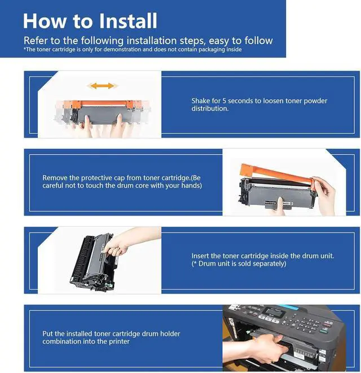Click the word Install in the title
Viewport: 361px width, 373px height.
[128, 21]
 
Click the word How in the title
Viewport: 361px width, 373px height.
[45, 21]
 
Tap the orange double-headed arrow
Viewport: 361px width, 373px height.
[102, 86]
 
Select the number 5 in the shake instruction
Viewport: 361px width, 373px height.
[224, 101]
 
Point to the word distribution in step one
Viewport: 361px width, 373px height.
[210, 109]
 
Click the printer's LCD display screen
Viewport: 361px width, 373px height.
[275, 313]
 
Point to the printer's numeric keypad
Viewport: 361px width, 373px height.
[306, 323]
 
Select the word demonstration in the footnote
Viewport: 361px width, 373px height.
[123, 50]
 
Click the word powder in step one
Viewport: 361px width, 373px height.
[315, 101]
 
